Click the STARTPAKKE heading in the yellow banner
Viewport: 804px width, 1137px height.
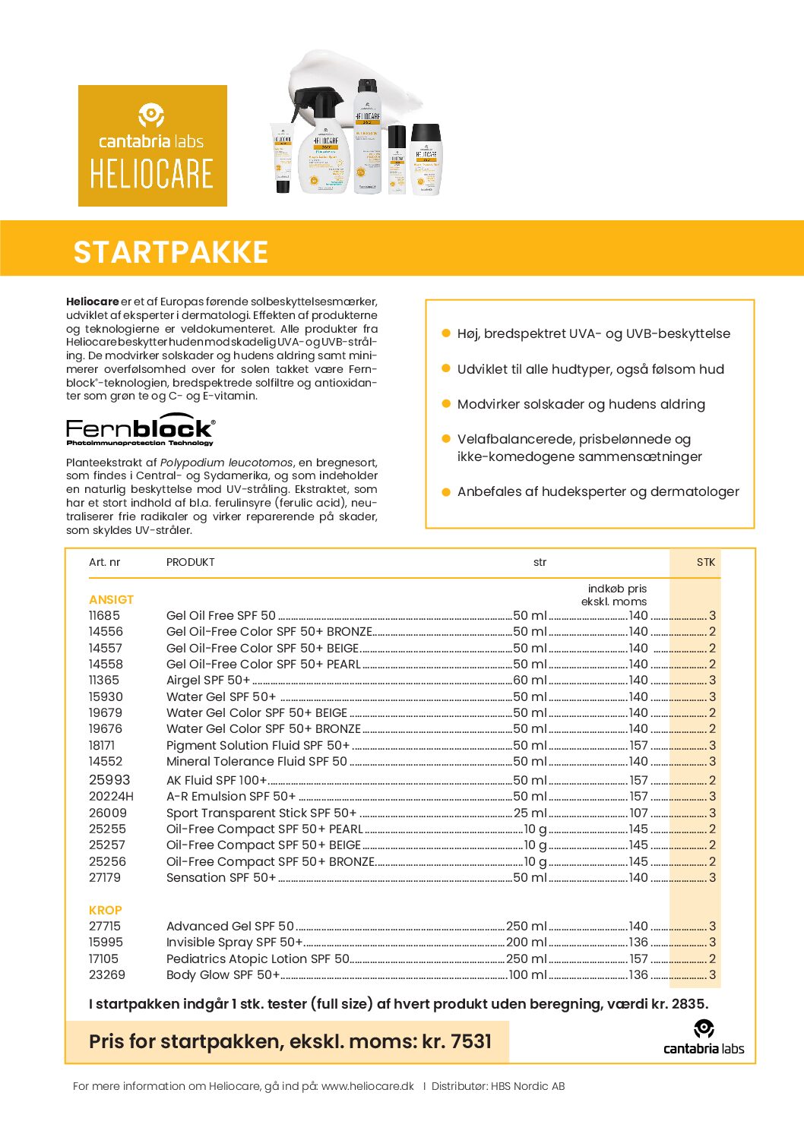171,252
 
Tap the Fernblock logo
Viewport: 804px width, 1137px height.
141,431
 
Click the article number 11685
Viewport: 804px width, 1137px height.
104,616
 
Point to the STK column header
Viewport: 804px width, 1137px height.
705,563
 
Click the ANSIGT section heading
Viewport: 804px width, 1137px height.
111,600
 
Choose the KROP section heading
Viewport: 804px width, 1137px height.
105,911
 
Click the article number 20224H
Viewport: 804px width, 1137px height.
111,797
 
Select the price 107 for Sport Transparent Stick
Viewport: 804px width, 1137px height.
638,813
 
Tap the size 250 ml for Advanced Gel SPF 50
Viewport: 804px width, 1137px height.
526,927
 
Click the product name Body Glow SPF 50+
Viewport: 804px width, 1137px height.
223,975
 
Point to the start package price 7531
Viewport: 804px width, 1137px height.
471,1041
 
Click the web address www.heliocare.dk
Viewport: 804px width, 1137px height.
367,1086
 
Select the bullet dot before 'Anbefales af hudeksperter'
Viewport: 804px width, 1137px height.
446,492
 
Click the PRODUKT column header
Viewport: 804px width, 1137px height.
190,563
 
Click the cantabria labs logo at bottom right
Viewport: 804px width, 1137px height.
704,1039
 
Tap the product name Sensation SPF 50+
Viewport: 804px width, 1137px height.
220,878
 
